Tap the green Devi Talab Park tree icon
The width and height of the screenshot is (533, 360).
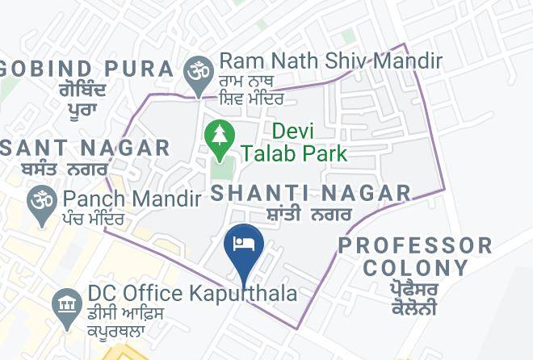point(218,138)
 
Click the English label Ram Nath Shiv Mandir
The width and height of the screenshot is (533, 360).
point(330,61)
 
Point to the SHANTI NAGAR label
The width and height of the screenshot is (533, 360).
point(311,193)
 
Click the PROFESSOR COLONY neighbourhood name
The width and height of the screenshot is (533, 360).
point(415,257)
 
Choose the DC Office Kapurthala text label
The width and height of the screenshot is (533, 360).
point(192,292)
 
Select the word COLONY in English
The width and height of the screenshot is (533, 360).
point(415,268)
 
